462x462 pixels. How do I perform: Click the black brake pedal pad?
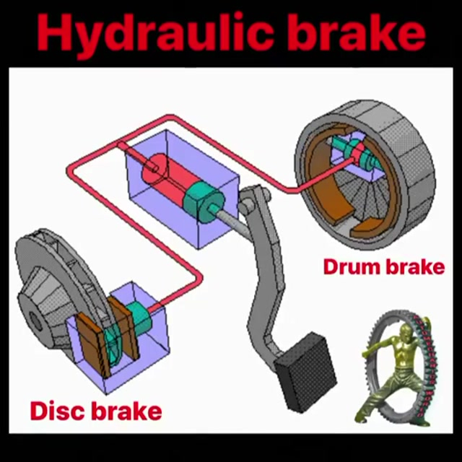pyautogui.click(x=306, y=372)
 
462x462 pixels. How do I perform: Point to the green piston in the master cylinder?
pyautogui.click(x=204, y=202)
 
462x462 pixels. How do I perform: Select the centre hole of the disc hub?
pyautogui.click(x=35, y=321)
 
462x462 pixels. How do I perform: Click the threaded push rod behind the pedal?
pyautogui.click(x=232, y=219)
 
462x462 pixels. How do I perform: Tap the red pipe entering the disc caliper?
pyautogui.click(x=177, y=295)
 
